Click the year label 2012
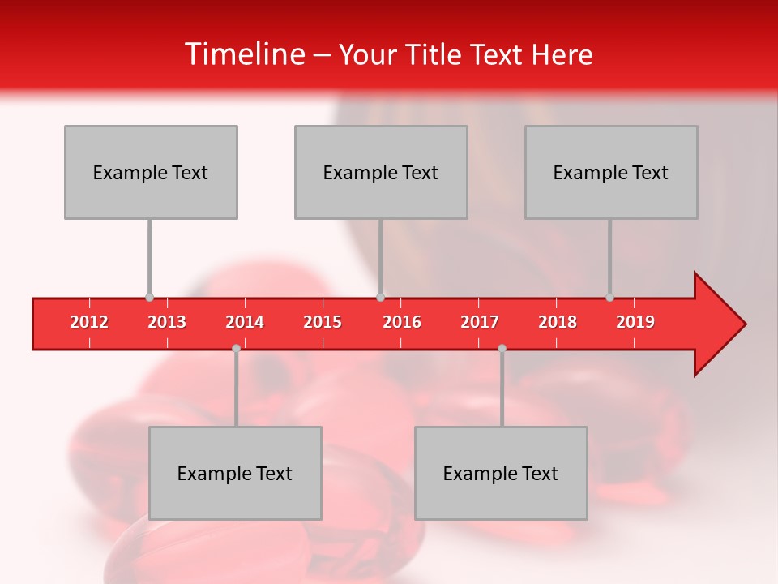click(x=89, y=322)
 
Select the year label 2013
click(x=167, y=322)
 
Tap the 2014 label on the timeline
click(x=245, y=322)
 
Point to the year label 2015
click(x=323, y=322)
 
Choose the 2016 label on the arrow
click(x=402, y=322)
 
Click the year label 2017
click(x=480, y=322)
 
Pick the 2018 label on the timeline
click(x=558, y=322)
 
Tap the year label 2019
click(x=635, y=322)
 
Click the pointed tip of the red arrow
click(x=744, y=324)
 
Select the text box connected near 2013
click(x=151, y=172)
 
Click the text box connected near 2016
click(x=381, y=172)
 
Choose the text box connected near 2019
click(x=611, y=172)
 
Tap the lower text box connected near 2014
click(x=235, y=473)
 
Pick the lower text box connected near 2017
click(x=501, y=473)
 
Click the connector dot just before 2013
click(x=150, y=298)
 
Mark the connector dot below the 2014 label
click(x=236, y=348)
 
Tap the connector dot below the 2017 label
click(x=502, y=348)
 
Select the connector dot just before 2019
click(x=610, y=298)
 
